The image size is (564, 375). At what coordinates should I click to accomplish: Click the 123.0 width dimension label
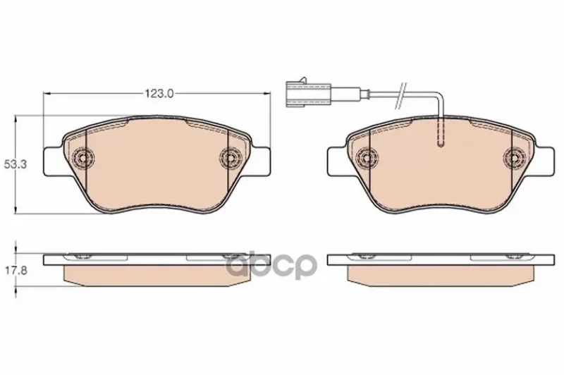click(x=159, y=94)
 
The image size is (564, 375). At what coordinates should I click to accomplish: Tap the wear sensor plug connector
click(x=308, y=94)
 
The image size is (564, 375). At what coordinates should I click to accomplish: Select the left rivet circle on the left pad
click(x=82, y=157)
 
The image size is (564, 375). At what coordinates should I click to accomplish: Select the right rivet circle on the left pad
click(x=229, y=157)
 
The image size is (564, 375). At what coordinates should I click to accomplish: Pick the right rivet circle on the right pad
click(x=513, y=157)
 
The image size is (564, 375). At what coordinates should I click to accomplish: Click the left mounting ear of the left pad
click(x=54, y=162)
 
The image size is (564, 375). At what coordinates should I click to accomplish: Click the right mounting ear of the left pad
click(x=259, y=162)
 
